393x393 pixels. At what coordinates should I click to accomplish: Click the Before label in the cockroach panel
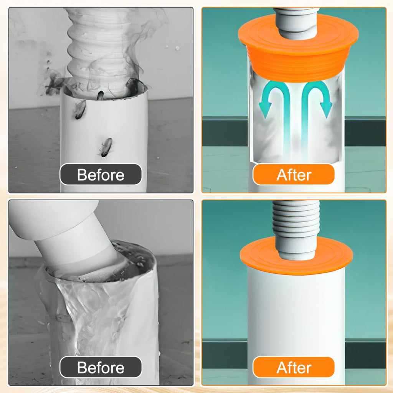point(101,175)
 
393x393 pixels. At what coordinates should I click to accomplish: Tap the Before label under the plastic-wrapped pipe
point(101,367)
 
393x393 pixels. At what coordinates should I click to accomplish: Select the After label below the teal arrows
point(294,175)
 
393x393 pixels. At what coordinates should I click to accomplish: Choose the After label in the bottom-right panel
point(294,367)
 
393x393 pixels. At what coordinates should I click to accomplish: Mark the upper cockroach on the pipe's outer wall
point(80,109)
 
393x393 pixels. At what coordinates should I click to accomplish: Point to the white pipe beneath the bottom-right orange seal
point(296,313)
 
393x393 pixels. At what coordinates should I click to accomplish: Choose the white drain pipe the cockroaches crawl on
point(104,140)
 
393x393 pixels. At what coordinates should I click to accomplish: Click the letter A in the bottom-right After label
point(282,368)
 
